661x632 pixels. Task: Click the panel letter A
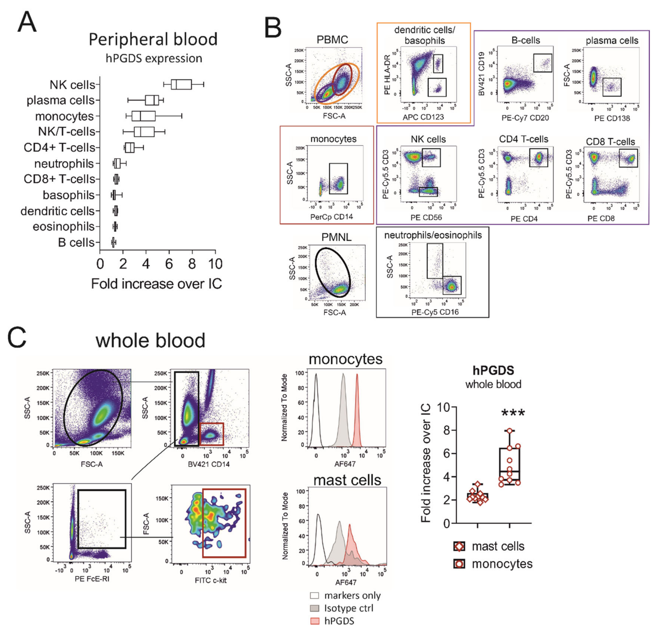click(27, 22)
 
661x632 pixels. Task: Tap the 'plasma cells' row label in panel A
click(61, 100)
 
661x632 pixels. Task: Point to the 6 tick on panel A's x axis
click(169, 264)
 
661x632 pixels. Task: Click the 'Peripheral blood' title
click(153, 39)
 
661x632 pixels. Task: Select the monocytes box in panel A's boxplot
click(144, 116)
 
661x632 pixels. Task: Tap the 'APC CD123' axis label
click(423, 117)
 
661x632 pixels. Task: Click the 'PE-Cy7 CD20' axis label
click(525, 118)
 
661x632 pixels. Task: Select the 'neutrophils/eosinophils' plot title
click(433, 235)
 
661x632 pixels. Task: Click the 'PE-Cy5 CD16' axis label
click(435, 312)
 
